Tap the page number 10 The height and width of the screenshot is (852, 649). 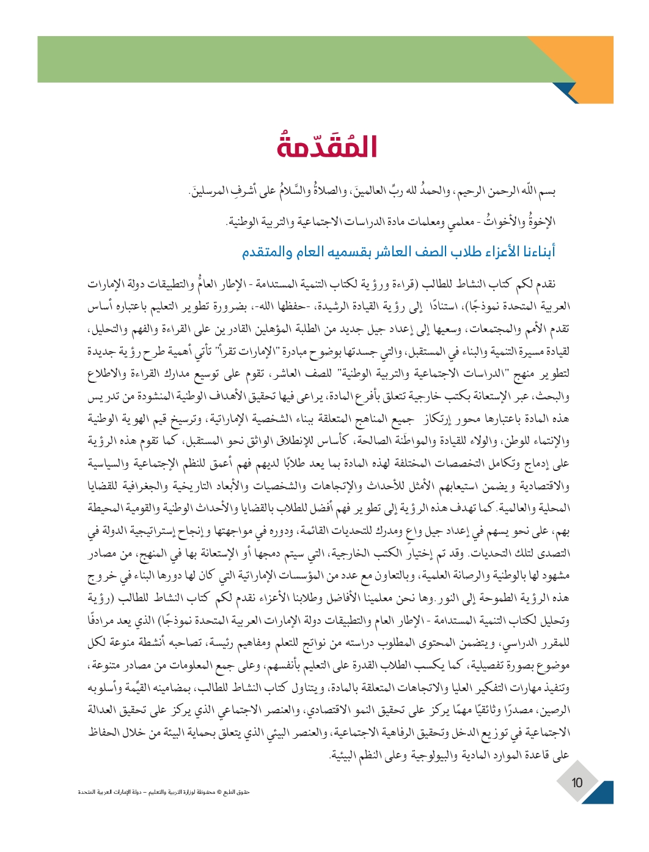(x=577, y=782)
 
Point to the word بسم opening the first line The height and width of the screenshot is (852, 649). (x=544, y=192)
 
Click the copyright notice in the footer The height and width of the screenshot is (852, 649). (x=164, y=792)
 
